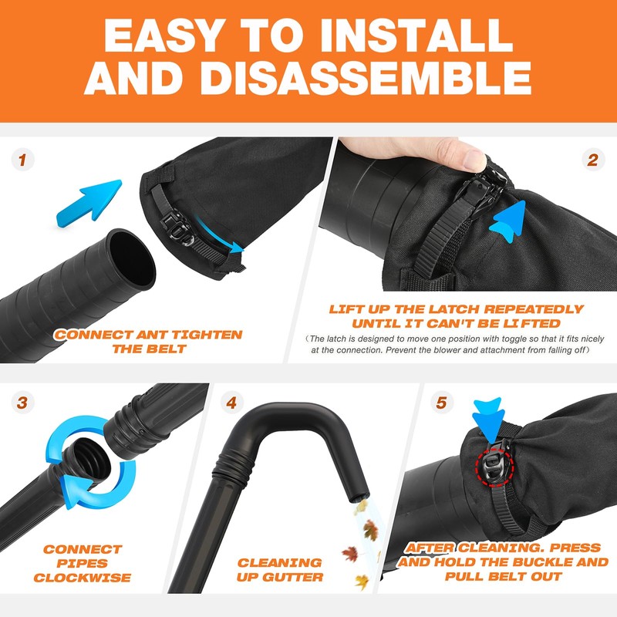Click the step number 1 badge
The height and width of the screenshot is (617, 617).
point(23,161)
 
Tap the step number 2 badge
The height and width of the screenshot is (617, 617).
point(592,161)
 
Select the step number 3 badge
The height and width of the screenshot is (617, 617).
point(23,402)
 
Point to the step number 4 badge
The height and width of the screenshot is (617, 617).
point(232,402)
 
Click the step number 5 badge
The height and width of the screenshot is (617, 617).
point(441,402)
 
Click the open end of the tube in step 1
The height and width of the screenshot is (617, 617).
point(131,258)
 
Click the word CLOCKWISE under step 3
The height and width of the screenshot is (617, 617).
point(83,578)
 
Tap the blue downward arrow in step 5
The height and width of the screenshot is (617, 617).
point(487,416)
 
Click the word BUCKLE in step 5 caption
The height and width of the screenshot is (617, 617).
point(533,562)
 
